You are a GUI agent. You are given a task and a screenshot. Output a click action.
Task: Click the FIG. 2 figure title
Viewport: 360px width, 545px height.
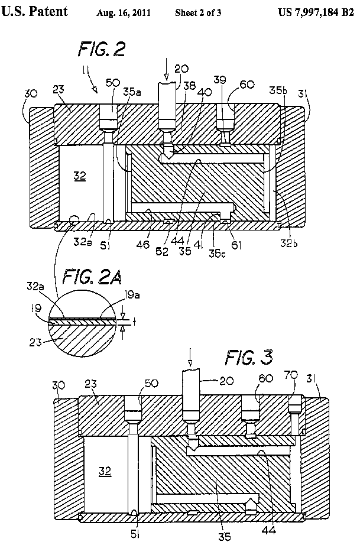point(101,50)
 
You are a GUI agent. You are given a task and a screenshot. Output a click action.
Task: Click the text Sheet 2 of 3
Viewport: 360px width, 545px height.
point(198,12)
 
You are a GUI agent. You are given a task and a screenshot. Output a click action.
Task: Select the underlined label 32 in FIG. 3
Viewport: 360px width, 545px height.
point(105,472)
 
